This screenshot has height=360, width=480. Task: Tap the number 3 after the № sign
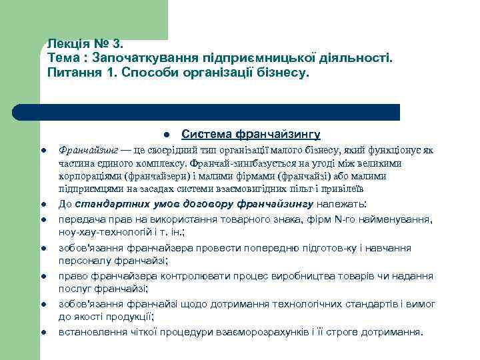[x=117, y=44]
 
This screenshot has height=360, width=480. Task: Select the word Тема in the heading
[x=64, y=58]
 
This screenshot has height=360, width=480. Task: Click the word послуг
[x=74, y=289]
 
